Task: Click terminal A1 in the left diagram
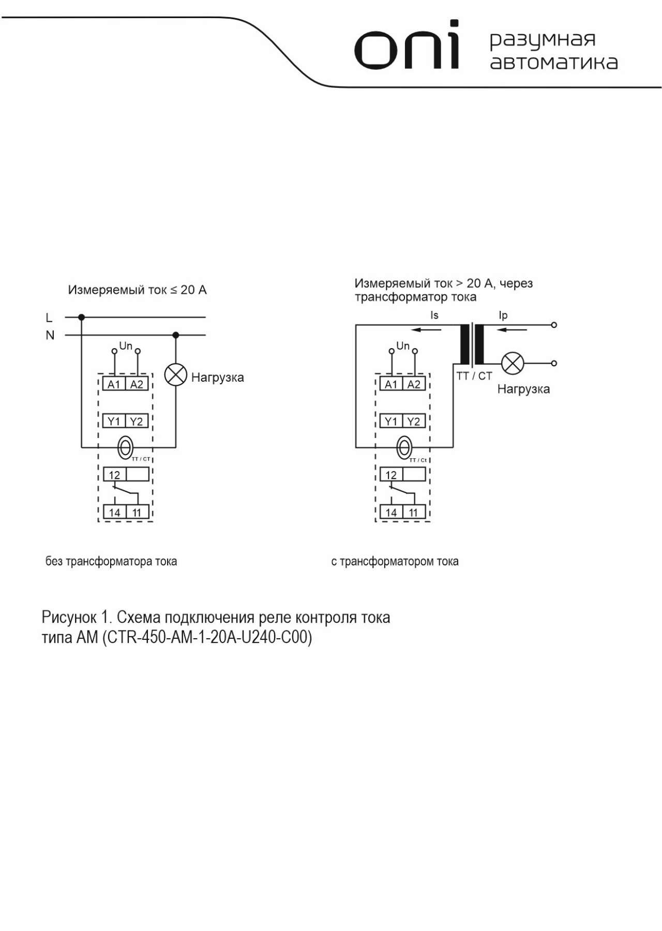(114, 384)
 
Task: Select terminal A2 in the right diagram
(414, 384)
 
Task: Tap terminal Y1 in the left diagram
(114, 421)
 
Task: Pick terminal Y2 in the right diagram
(414, 421)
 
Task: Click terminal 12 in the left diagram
(114, 474)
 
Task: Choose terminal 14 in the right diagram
(392, 512)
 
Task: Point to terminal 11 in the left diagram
(137, 512)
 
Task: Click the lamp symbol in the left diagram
(175, 375)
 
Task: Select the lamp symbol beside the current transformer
(513, 363)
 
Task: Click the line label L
(49, 318)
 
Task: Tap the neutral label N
(50, 335)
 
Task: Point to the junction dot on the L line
(81, 317)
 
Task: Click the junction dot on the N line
(176, 335)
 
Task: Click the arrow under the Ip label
(512, 329)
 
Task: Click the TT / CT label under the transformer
(474, 376)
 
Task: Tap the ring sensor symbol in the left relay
(126, 447)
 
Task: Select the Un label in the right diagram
(403, 346)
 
